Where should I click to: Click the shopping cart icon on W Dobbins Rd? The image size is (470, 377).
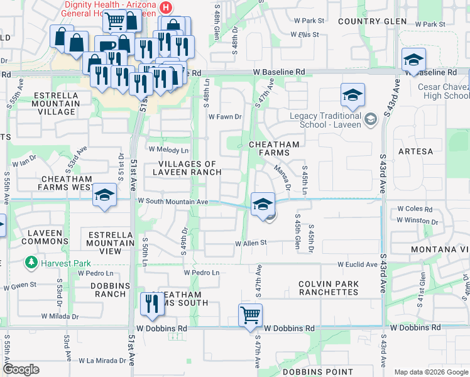[x=250, y=314]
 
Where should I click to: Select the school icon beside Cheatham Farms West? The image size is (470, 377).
[x=104, y=195]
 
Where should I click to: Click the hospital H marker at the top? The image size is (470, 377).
[x=165, y=8]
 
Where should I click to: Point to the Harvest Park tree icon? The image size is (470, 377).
[x=30, y=263]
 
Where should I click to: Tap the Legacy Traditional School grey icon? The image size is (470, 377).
[x=371, y=118]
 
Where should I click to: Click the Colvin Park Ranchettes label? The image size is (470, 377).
[x=328, y=288]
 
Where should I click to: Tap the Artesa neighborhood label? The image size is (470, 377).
[x=415, y=151]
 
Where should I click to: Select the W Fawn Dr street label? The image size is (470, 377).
[x=225, y=117]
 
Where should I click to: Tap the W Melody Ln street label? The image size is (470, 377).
[x=168, y=150]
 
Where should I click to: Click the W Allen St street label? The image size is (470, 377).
[x=251, y=243]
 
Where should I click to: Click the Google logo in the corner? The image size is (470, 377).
[x=21, y=369]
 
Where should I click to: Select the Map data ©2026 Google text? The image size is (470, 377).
[x=430, y=372]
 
